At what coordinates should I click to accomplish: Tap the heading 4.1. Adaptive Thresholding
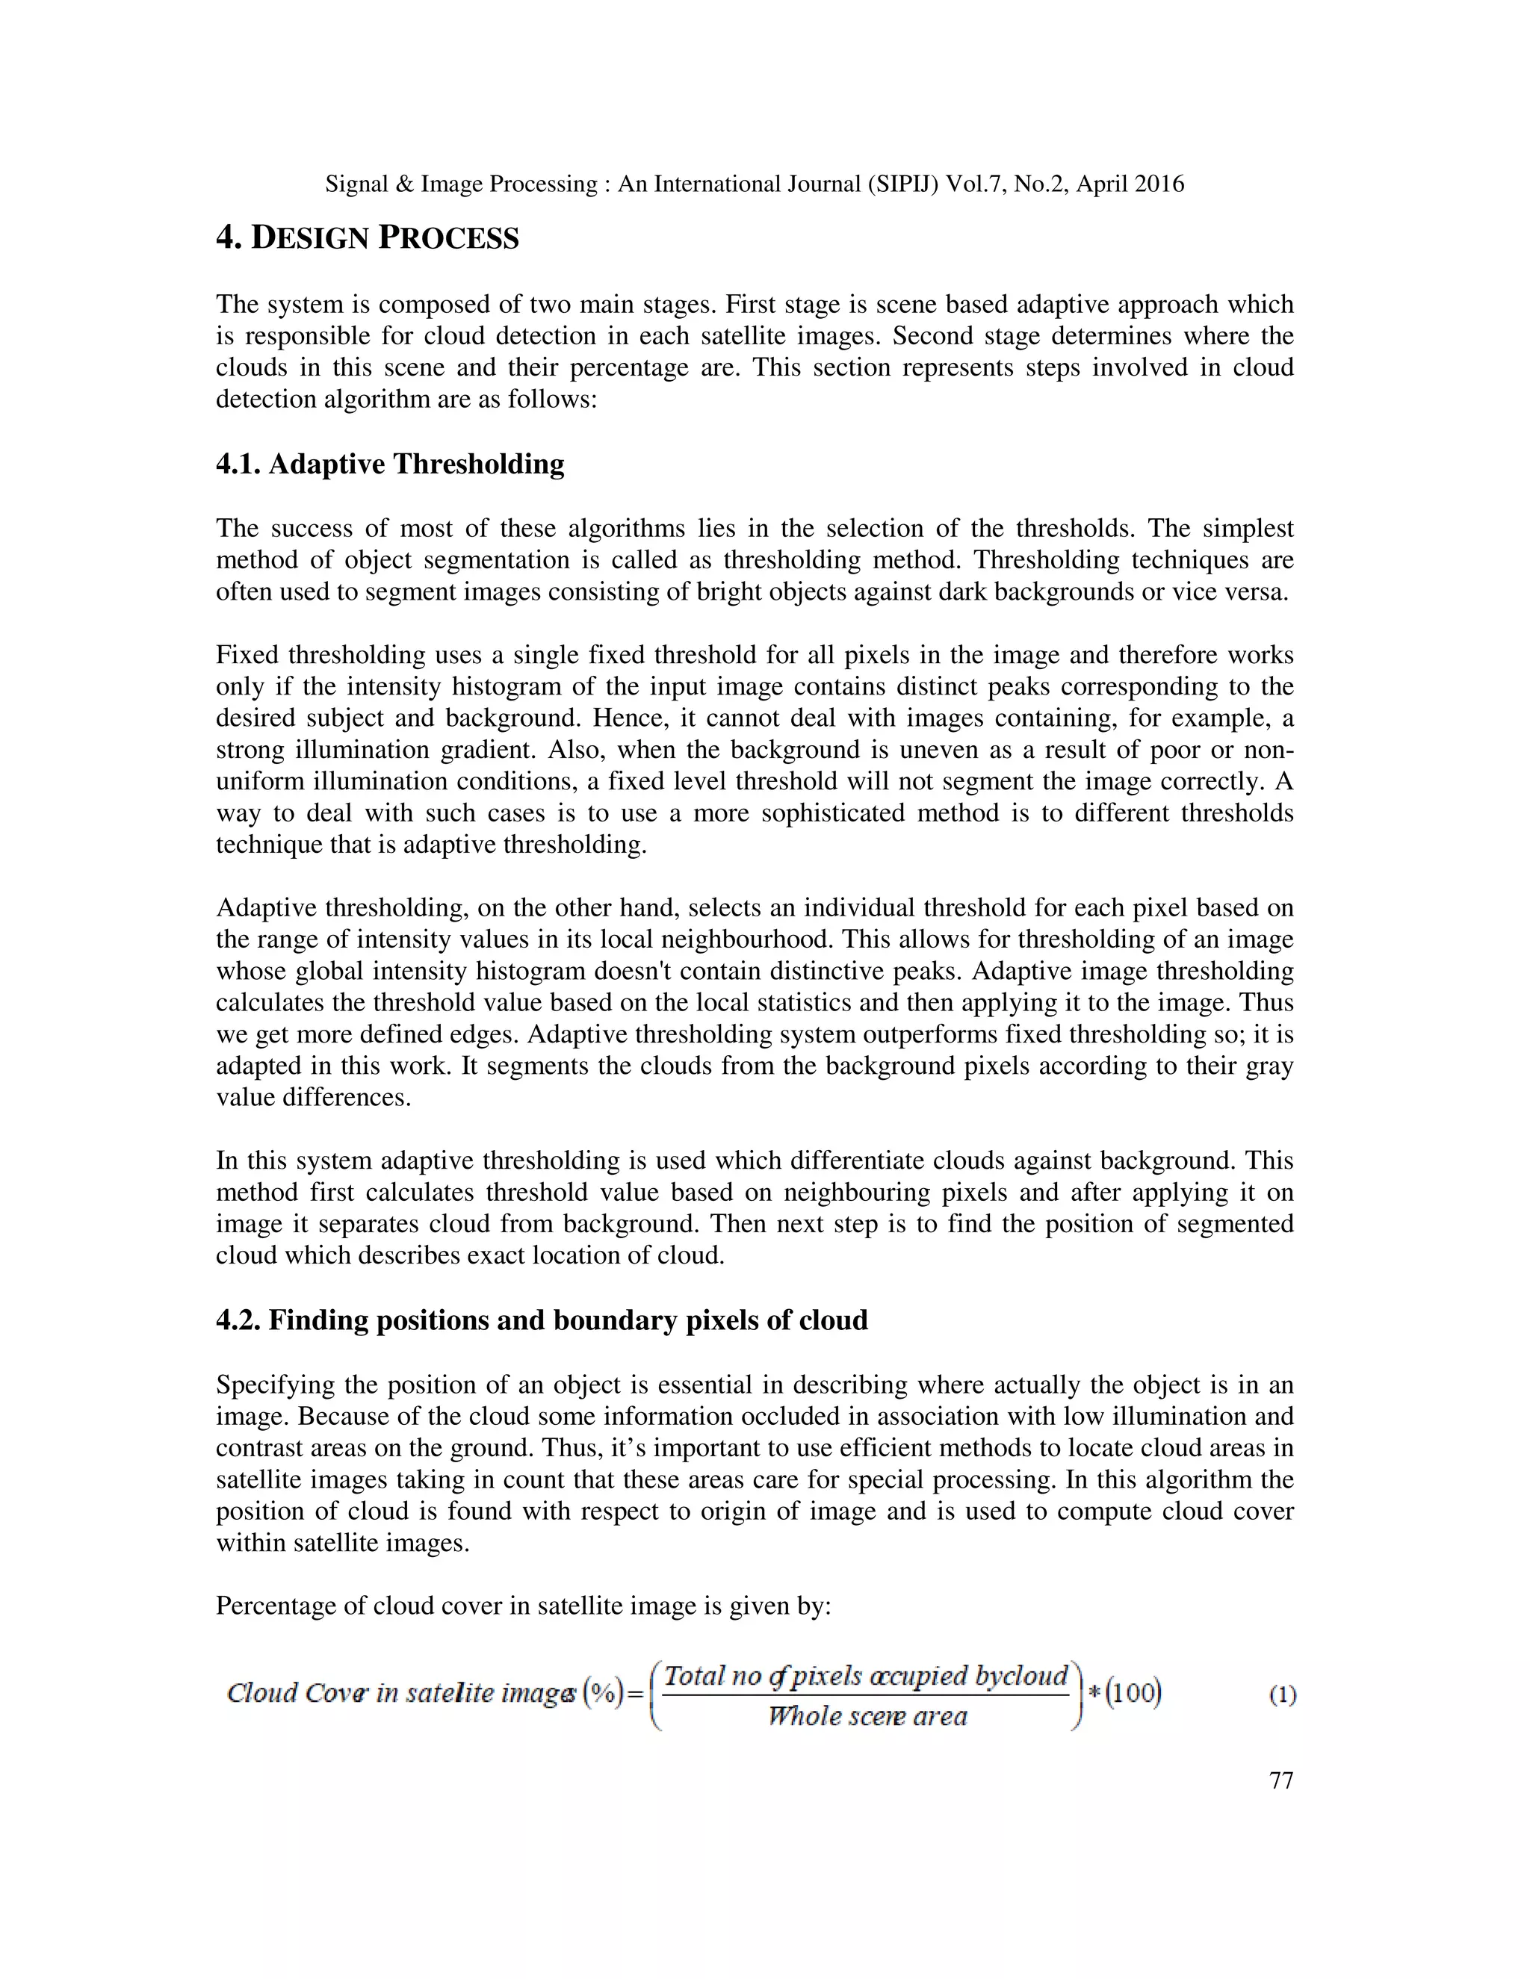(390, 464)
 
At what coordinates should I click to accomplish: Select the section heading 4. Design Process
(367, 238)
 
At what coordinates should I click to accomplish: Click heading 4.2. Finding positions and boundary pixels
(541, 1320)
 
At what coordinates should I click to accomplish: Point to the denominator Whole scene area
(867, 1716)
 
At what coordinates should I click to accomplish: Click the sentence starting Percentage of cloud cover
(523, 1606)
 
